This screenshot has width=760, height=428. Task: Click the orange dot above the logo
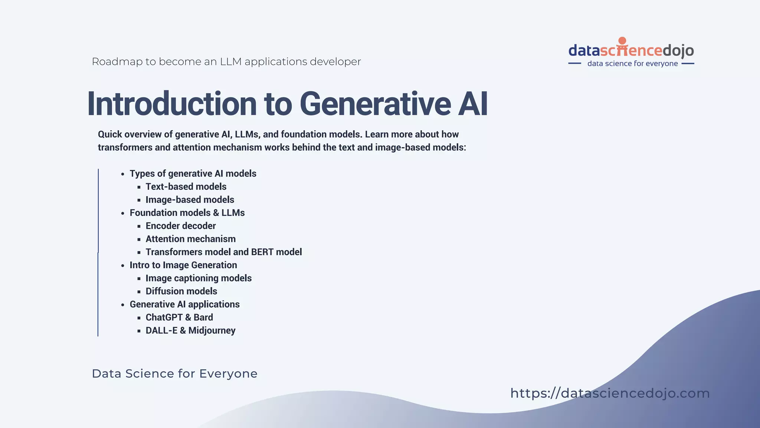[622, 41]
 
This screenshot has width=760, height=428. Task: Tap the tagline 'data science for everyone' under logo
[632, 64]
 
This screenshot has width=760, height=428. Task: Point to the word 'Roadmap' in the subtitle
[117, 62]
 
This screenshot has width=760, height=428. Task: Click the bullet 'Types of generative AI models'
[193, 174]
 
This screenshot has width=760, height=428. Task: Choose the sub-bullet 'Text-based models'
[186, 187]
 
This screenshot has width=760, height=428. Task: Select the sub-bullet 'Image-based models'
[190, 200]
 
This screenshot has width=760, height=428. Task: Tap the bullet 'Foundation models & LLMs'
[187, 213]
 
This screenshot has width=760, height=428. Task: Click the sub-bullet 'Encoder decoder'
[180, 226]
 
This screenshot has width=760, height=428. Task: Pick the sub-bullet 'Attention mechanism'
[190, 239]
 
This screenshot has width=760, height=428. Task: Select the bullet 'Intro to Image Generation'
[183, 265]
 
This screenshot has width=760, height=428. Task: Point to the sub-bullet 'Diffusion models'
[181, 291]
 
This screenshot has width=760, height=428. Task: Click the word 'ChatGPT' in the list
[164, 317]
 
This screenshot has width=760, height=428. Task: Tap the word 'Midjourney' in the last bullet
[212, 331]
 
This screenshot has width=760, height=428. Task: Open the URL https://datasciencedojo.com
[610, 393]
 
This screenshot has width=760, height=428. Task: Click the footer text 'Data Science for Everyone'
[174, 373]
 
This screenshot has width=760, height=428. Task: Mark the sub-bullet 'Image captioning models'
[198, 278]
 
